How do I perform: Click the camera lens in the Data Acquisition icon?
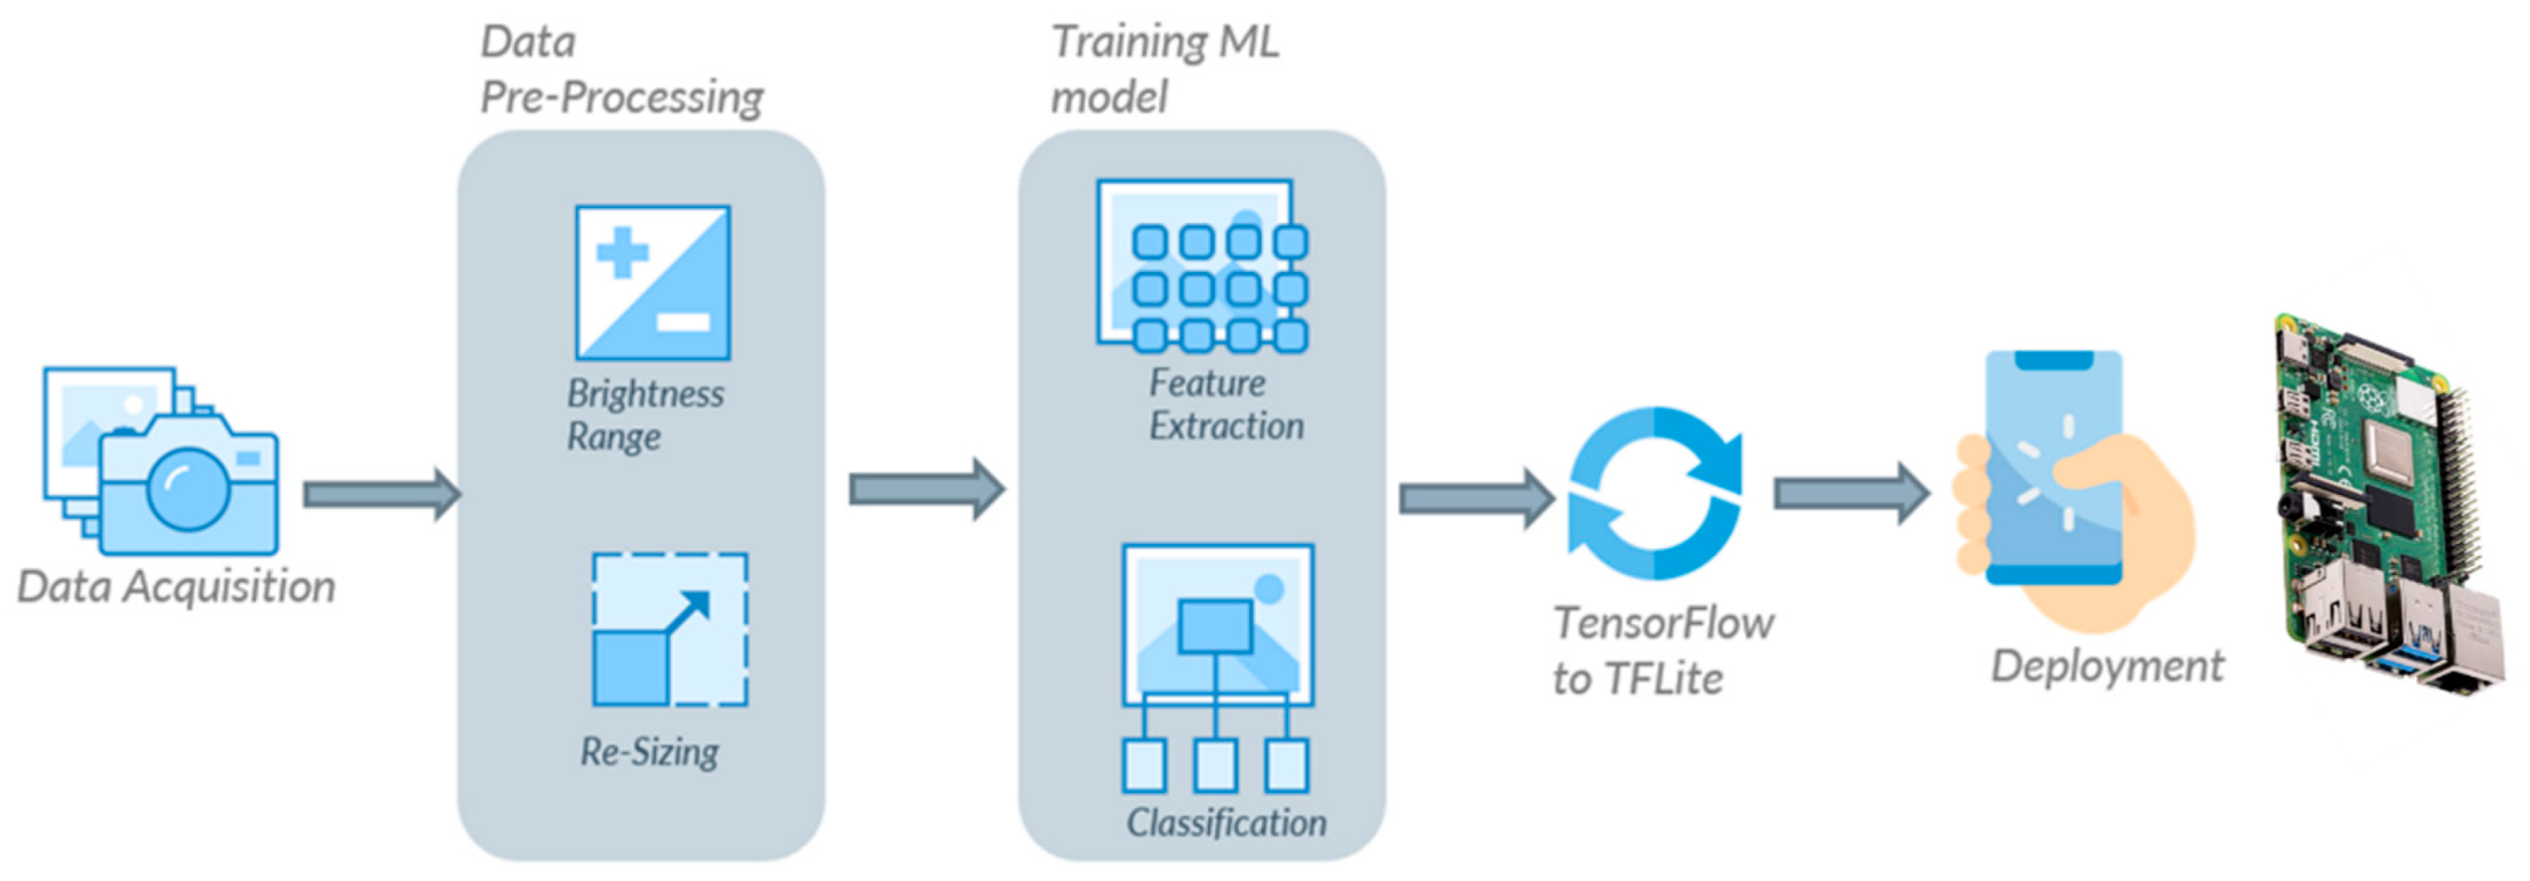tap(188, 488)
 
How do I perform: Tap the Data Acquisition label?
tap(177, 587)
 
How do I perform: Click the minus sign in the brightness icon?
tap(682, 321)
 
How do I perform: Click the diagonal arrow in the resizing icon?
tap(688, 612)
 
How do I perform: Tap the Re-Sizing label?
tap(649, 752)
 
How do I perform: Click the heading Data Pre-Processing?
tap(620, 71)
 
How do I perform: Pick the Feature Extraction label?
tap(1225, 405)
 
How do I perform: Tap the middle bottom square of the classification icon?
tap(1215, 765)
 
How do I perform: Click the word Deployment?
tap(2107, 666)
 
